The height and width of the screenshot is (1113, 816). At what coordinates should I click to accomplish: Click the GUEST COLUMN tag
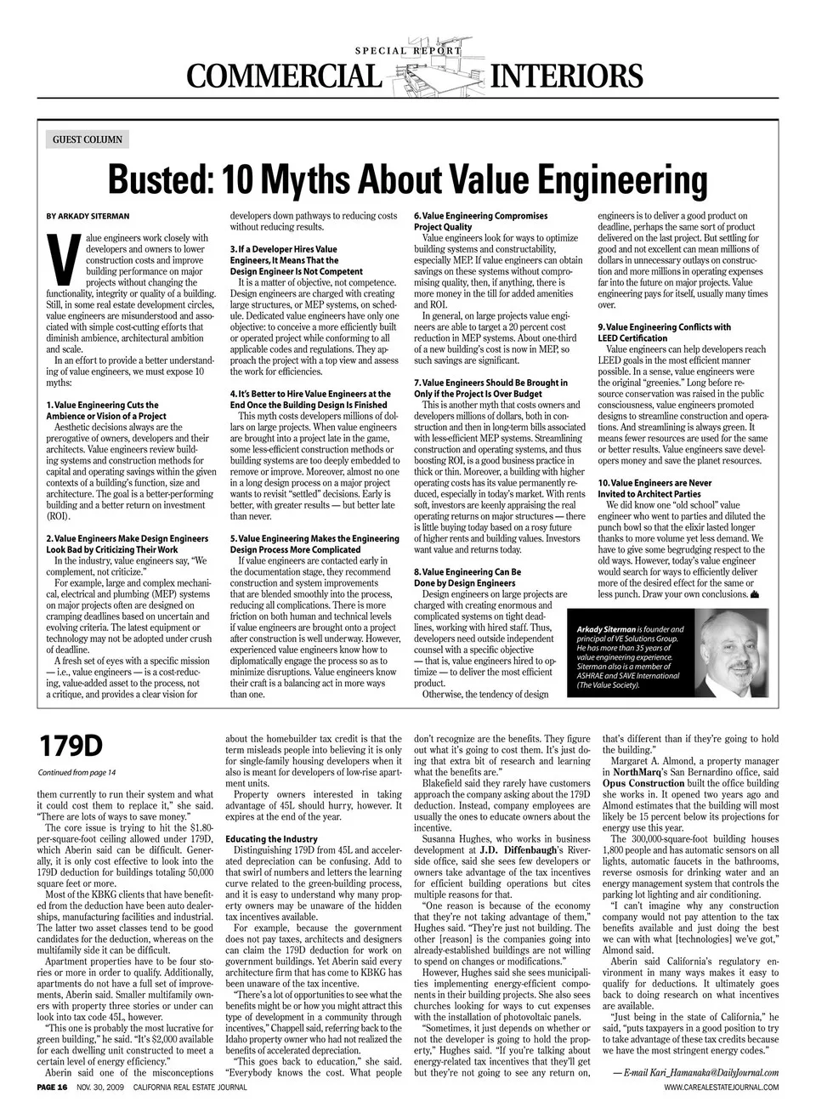pos(87,139)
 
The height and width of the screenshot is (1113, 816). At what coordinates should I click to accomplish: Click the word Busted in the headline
pos(157,180)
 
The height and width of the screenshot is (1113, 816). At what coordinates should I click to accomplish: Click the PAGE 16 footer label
pos(52,1087)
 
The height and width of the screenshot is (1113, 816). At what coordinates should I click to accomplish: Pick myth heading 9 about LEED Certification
pos(664,332)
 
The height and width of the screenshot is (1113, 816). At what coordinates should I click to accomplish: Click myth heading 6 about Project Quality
pos(480,222)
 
